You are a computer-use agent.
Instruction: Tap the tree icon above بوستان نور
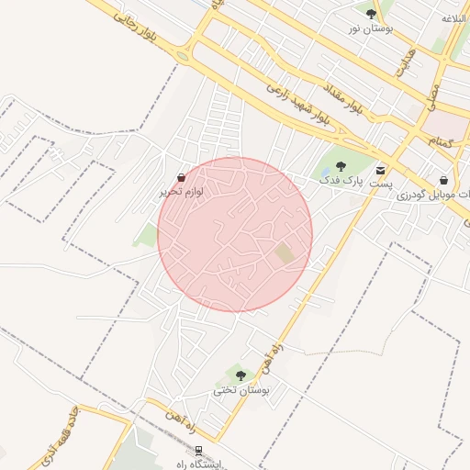tap(370, 14)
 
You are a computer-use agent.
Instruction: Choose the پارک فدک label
tap(341, 181)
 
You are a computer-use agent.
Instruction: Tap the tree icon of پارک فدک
tap(341, 166)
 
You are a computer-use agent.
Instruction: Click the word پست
tap(381, 184)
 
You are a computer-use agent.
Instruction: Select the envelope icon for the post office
tap(380, 170)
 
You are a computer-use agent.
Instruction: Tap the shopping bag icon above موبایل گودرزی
tap(444, 181)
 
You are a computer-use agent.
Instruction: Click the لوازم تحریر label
tap(181, 191)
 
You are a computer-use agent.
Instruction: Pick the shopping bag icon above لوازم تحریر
tap(181, 177)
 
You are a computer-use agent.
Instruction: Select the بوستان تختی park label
tap(241, 389)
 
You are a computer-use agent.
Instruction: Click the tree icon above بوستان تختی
tap(241, 375)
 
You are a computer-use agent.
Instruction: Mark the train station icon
tap(196, 450)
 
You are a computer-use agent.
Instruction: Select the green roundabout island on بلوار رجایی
tap(183, 56)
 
